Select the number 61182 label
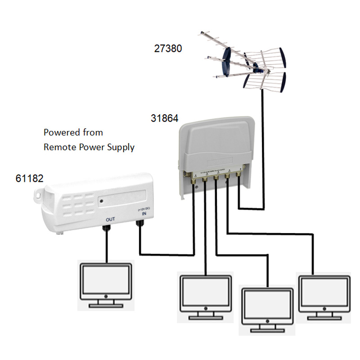click(29, 178)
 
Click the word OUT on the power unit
click(111, 219)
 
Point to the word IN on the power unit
click(144, 215)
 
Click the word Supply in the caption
click(120, 148)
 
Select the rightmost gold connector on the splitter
click(238, 180)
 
